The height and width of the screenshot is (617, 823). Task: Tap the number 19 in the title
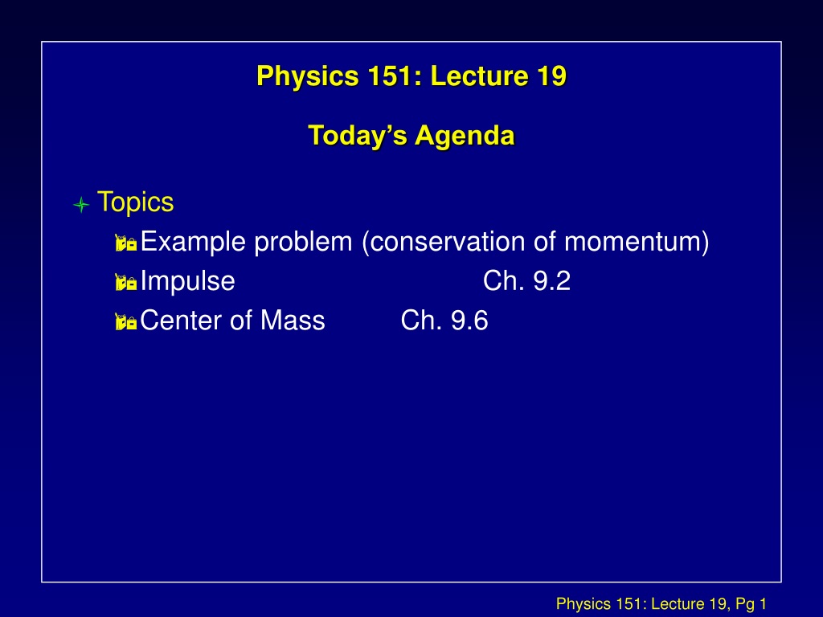(551, 76)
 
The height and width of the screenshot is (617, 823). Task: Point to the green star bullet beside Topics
(81, 204)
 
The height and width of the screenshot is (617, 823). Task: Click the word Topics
(135, 202)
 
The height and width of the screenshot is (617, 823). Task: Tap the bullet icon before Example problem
(126, 243)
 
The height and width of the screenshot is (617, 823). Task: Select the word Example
(194, 243)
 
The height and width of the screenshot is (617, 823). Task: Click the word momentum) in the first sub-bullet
(637, 242)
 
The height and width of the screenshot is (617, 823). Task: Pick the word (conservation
(444, 242)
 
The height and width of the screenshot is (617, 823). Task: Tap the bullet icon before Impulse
(126, 282)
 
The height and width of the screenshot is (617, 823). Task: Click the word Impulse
(188, 282)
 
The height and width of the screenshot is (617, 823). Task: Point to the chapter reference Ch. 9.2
(526, 281)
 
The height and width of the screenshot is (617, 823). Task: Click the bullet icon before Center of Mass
(126, 321)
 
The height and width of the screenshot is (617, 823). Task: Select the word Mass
(293, 321)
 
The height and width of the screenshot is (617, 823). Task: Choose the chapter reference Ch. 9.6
(444, 321)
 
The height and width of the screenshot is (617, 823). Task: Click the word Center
(181, 321)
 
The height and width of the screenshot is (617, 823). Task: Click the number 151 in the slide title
(391, 76)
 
